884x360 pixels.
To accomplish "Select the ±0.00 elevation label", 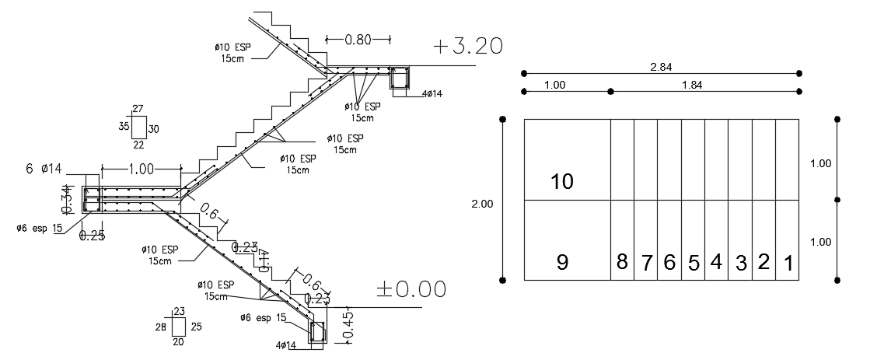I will [x=411, y=289].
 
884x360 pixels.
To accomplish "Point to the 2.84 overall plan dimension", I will [x=661, y=67].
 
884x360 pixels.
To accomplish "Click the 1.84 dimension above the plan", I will [x=691, y=86].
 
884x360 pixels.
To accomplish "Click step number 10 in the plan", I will [x=561, y=182].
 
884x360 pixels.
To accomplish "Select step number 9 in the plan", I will [x=562, y=263].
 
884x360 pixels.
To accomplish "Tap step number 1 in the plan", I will [x=788, y=264].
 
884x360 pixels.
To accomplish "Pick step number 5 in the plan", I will [x=693, y=263].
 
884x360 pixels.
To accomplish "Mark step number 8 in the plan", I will [x=622, y=262].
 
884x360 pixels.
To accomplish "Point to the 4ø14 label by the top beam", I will [x=432, y=94].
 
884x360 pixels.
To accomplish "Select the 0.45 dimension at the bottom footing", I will [x=347, y=324].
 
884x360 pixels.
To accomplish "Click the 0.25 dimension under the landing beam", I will [x=92, y=236].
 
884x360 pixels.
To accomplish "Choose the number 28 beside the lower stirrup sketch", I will [x=160, y=327].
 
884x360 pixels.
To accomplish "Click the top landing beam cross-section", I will [x=400, y=79].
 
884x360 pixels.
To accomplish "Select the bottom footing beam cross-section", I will [x=318, y=333].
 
